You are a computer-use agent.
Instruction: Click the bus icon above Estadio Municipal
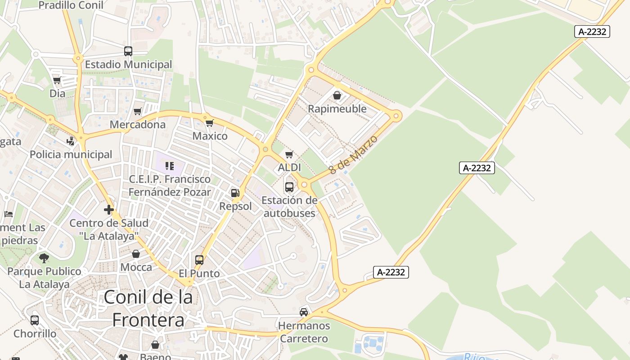(128, 51)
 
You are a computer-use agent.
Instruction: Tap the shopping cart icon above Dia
(57, 81)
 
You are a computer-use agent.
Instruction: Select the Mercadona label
(138, 125)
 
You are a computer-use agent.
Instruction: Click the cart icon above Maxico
(209, 123)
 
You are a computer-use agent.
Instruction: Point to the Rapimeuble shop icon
(337, 95)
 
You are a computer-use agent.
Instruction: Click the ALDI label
(289, 168)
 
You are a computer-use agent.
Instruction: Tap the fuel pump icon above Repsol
(234, 193)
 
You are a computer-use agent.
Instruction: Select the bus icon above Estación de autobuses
(289, 187)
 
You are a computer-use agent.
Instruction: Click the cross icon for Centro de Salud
(108, 210)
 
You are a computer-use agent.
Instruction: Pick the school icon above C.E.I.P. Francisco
(169, 166)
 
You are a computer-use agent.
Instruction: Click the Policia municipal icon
(70, 141)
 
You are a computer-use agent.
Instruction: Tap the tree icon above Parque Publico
(44, 258)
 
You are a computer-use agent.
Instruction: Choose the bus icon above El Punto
(199, 260)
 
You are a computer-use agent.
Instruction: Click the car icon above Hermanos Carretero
(304, 312)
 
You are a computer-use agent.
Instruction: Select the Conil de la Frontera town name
(148, 309)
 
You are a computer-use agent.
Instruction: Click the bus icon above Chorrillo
(35, 320)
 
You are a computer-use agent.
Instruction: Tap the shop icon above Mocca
(136, 254)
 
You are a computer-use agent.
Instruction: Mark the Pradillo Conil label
(71, 5)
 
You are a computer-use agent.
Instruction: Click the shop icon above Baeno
(155, 345)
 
